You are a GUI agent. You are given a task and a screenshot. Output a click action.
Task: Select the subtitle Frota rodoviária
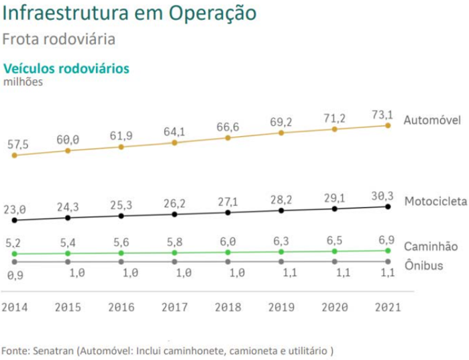pyautogui.click(x=58, y=40)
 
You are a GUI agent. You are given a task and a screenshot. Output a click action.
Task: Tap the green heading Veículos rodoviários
pyautogui.click(x=66, y=68)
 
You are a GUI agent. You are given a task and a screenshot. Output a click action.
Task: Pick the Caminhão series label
pyautogui.click(x=431, y=247)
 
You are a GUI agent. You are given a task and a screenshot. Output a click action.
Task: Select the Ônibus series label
pyautogui.click(x=423, y=265)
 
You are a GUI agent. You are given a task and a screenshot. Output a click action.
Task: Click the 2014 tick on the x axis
pyautogui.click(x=14, y=308)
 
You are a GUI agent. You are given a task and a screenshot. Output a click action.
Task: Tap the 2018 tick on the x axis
pyautogui.click(x=227, y=308)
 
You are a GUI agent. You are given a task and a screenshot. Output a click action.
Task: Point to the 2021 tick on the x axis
pyautogui.click(x=387, y=308)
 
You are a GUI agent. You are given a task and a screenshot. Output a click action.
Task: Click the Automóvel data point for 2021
pyautogui.click(x=388, y=125)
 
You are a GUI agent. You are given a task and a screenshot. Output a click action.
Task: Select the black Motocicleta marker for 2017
pyautogui.click(x=174, y=214)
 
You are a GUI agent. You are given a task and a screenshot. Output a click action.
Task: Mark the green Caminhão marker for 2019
pyautogui.click(x=281, y=251)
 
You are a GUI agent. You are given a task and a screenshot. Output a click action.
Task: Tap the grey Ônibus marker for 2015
pyautogui.click(x=68, y=261)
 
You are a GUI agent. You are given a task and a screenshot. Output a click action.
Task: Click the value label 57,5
pyautogui.click(x=17, y=144)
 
